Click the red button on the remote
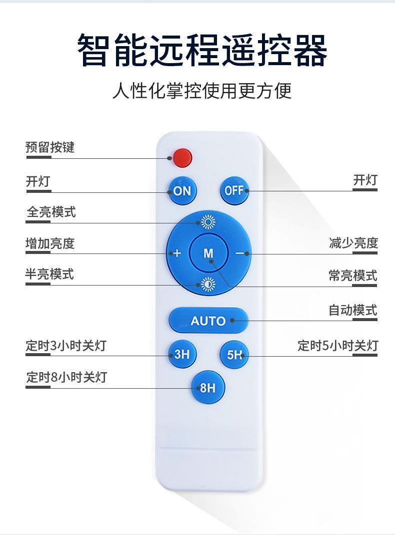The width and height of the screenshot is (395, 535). [182, 158]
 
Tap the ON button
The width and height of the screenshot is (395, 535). [182, 191]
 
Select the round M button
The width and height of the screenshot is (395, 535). [208, 253]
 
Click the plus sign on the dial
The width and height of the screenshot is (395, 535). [177, 253]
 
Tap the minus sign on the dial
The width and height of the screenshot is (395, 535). [239, 253]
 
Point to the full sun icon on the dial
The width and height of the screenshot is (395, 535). [208, 222]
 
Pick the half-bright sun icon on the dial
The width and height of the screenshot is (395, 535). [208, 284]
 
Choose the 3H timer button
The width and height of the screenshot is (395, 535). [182, 354]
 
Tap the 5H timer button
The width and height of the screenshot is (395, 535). [234, 355]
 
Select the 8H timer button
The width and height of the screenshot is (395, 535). [208, 388]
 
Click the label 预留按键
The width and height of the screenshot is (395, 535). [50, 147]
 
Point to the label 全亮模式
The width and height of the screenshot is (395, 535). [51, 212]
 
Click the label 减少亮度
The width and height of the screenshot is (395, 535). [353, 243]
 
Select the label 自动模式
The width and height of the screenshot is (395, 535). [353, 310]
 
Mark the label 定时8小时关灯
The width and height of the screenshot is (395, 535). [66, 377]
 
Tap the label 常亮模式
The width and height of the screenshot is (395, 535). [353, 276]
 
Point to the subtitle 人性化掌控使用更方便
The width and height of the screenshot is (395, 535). [202, 90]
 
